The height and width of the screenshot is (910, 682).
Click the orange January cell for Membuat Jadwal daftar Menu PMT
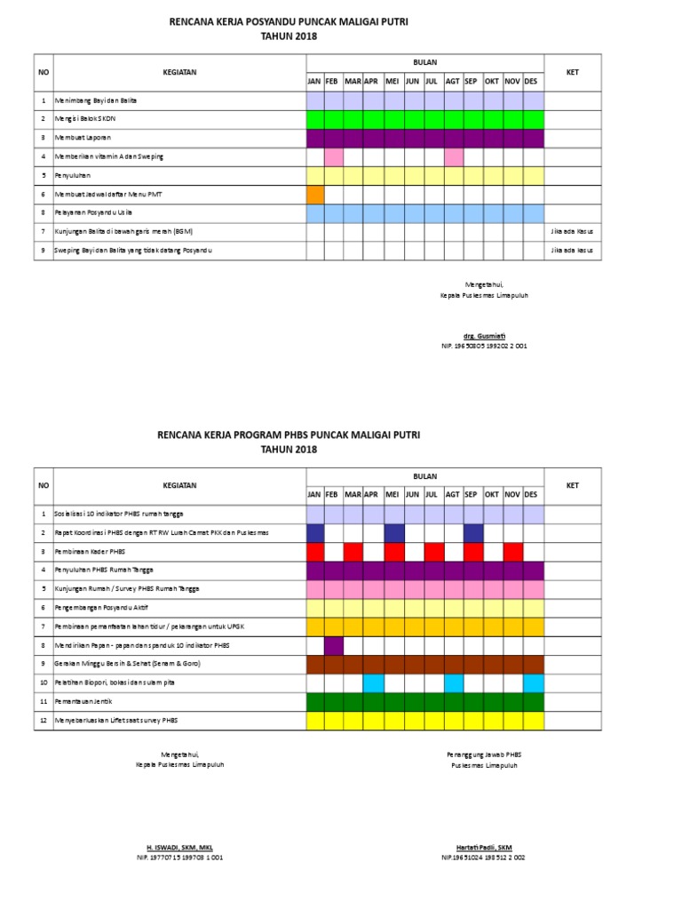click(315, 194)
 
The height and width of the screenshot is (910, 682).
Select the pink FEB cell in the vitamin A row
click(334, 156)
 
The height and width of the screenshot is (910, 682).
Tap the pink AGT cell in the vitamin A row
click(453, 156)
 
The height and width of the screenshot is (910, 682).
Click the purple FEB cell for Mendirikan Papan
click(334, 645)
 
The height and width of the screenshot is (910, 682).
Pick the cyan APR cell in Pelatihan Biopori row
click(374, 682)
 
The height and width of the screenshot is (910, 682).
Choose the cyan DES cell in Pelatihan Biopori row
click(533, 682)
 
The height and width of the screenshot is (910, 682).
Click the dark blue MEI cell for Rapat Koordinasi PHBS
click(393, 532)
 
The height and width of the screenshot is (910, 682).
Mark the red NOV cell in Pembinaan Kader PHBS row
click(512, 551)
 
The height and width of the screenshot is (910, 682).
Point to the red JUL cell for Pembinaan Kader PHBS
click(433, 551)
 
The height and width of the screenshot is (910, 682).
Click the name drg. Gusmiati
click(484, 336)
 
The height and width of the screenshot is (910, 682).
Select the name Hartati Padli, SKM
click(483, 848)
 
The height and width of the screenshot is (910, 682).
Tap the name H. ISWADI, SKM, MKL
click(179, 848)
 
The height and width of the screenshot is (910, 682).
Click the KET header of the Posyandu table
click(573, 72)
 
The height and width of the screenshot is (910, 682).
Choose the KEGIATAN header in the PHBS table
click(179, 485)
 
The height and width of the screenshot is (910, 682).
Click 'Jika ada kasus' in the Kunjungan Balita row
click(573, 231)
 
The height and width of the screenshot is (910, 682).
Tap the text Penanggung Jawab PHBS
click(483, 754)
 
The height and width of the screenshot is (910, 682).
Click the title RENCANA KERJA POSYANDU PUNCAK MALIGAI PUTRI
click(289, 20)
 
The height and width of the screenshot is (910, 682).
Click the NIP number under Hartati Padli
click(483, 858)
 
